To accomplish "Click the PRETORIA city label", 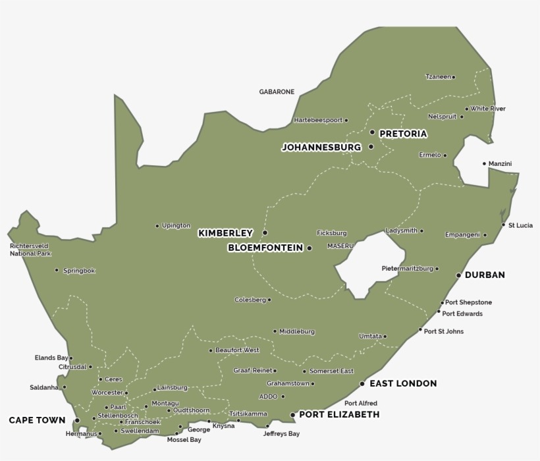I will point(403,134).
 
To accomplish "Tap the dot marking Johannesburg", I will point(371,147).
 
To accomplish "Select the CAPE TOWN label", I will point(37,420).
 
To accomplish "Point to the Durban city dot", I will point(459,275).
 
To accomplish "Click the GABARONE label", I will point(277,92).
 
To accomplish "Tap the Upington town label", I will point(176,226).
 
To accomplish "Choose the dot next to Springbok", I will point(57,270).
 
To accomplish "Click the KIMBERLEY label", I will point(225,233).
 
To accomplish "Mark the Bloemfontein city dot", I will point(309,248).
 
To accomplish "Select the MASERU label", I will point(340,246).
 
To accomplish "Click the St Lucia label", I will point(520,225).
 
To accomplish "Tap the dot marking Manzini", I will point(484,163).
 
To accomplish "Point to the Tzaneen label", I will point(438,77).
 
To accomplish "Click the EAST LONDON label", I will point(403,383).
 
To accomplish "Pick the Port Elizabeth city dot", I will point(292,415).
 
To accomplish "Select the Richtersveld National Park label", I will point(30,250).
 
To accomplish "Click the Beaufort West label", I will point(237,350).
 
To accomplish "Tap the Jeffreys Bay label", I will point(281,434).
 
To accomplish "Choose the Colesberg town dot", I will point(269,300).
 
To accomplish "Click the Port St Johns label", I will point(443,331).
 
